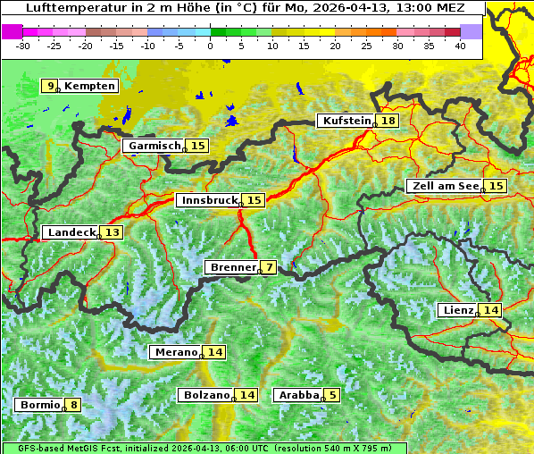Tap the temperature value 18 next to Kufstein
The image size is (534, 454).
click(x=388, y=121)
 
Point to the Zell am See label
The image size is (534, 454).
click(x=444, y=186)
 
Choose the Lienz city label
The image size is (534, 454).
click(x=457, y=310)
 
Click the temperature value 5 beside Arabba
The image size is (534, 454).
click(x=333, y=395)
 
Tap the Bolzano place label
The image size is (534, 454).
click(x=206, y=395)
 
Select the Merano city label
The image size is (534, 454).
click(x=175, y=352)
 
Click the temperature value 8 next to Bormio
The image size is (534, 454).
click(x=73, y=405)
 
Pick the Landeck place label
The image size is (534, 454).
click(x=71, y=232)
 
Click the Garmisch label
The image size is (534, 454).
click(x=154, y=146)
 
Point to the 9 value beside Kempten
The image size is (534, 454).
click(x=51, y=86)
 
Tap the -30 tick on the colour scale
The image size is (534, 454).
click(x=23, y=45)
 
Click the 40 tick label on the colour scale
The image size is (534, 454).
click(x=460, y=45)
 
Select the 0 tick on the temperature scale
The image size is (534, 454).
click(x=210, y=45)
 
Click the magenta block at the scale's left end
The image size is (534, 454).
click(x=12, y=30)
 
